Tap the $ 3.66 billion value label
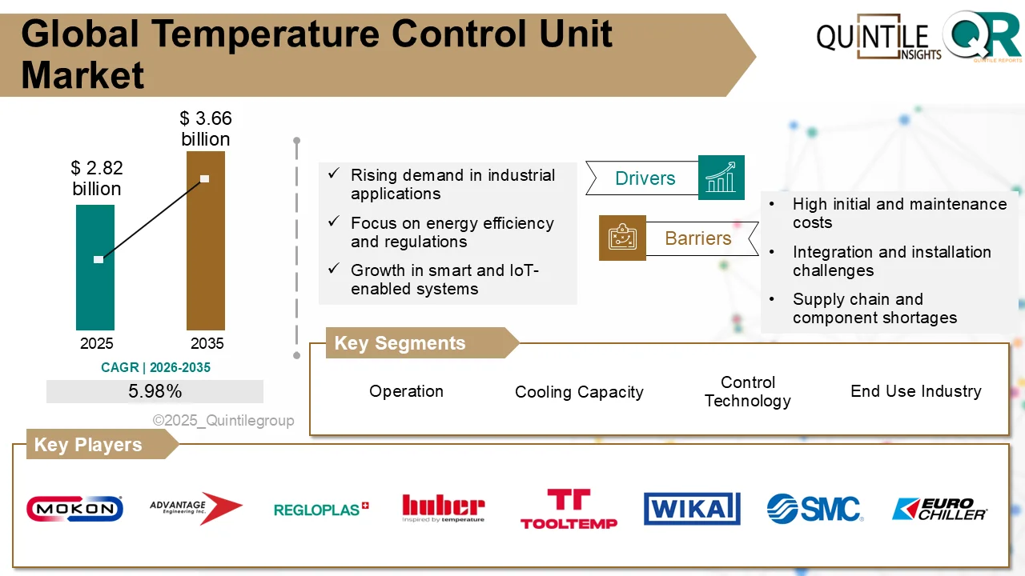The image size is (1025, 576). tap(206, 129)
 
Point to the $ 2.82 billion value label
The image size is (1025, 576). tap(96, 178)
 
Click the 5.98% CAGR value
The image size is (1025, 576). tap(155, 391)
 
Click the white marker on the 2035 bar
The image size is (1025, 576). tap(204, 178)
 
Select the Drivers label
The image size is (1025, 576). tap(645, 178)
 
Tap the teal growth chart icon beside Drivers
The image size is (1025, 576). tap(721, 178)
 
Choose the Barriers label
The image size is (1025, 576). tap(697, 238)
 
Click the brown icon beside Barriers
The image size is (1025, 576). tap(622, 238)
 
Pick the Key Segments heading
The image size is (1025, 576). tap(400, 343)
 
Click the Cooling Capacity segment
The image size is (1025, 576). tap(579, 392)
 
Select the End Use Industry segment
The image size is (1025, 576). tap(915, 391)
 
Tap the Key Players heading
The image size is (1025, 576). tap(88, 445)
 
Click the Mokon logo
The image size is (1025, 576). tap(74, 508)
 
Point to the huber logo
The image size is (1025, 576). tap(443, 508)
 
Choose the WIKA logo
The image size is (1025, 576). tap(691, 508)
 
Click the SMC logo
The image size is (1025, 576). tap(814, 508)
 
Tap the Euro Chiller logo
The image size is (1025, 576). tap(939, 509)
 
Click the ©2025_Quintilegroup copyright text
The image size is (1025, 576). tap(223, 421)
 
